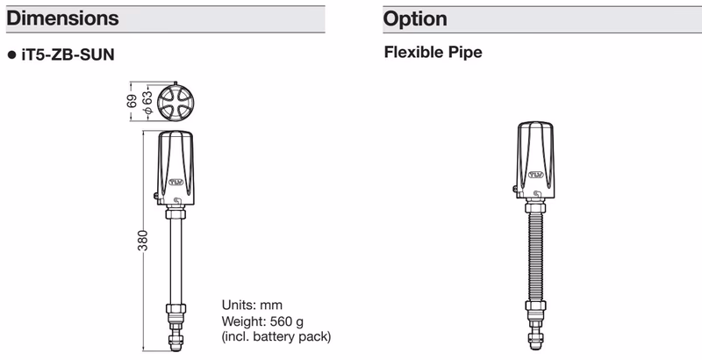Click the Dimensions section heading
tap(62, 18)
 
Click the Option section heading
tap(415, 18)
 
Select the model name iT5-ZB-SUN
tap(68, 54)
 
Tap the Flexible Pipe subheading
tap(433, 52)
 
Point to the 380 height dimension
tap(142, 241)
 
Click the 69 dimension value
tap(132, 101)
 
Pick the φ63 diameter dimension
tap(147, 102)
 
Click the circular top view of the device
tap(176, 102)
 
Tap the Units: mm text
tap(252, 306)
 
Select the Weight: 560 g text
tap(262, 321)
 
